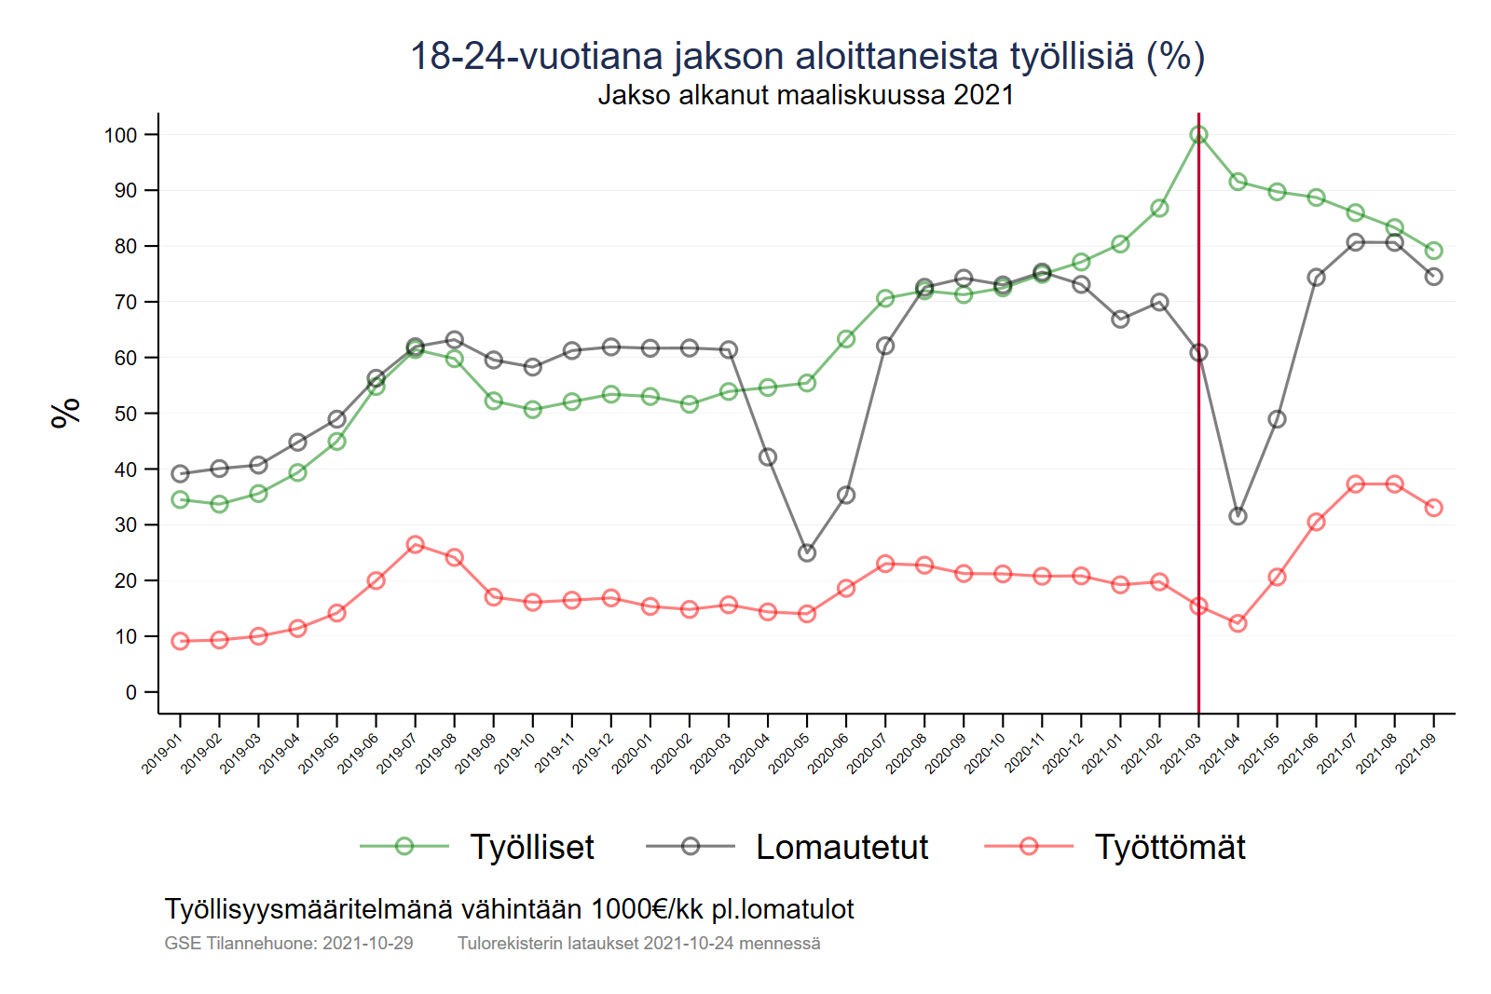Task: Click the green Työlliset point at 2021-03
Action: point(1198,135)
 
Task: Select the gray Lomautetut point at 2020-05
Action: point(807,552)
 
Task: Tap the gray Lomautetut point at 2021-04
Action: point(1238,516)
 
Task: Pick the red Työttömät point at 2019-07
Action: point(416,544)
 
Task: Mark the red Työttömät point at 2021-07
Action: point(1355,484)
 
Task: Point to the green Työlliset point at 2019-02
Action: point(220,504)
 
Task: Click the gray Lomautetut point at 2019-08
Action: point(455,340)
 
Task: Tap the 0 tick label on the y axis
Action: point(131,692)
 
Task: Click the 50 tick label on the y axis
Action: point(125,414)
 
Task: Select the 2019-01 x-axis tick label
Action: point(161,754)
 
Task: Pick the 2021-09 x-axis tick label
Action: point(1416,754)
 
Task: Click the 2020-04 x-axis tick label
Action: point(749,754)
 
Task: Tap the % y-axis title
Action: point(65,413)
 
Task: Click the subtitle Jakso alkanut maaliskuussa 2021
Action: point(805,95)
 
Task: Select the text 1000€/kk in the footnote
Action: point(647,909)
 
